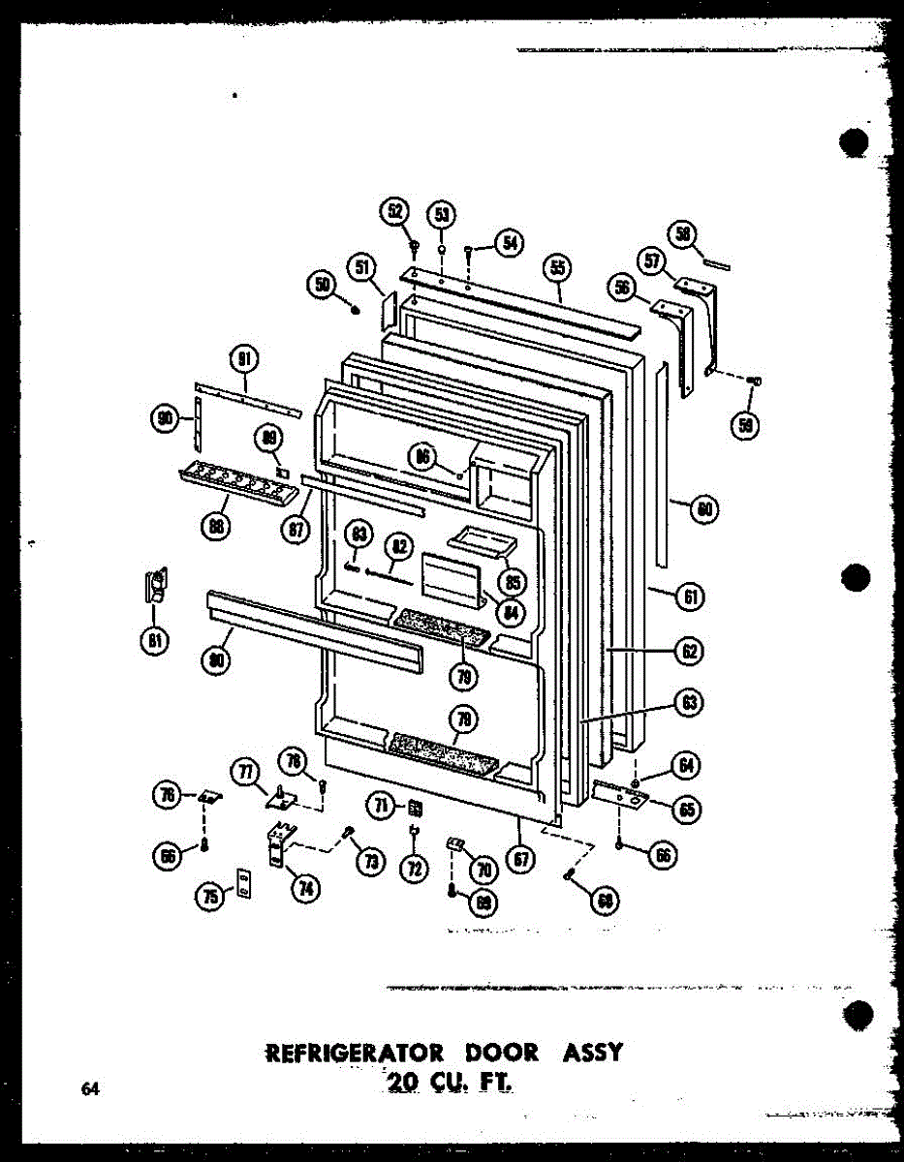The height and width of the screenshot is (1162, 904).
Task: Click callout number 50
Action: click(x=322, y=284)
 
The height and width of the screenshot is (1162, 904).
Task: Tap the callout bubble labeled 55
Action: click(x=558, y=268)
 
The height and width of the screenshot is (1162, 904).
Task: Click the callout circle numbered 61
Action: click(x=689, y=596)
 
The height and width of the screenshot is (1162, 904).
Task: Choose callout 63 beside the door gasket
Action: click(x=689, y=703)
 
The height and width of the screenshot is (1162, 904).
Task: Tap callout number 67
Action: click(x=520, y=858)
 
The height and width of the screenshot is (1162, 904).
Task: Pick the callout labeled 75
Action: click(x=209, y=897)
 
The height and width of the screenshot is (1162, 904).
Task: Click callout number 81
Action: click(x=153, y=639)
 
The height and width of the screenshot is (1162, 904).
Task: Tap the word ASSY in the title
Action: click(x=590, y=1053)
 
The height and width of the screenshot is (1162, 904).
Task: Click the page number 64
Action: click(x=90, y=1089)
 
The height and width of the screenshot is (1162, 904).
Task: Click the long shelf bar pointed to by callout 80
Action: click(x=314, y=630)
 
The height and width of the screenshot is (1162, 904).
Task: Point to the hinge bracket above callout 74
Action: click(x=279, y=841)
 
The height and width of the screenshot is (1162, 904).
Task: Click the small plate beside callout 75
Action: click(x=244, y=883)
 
